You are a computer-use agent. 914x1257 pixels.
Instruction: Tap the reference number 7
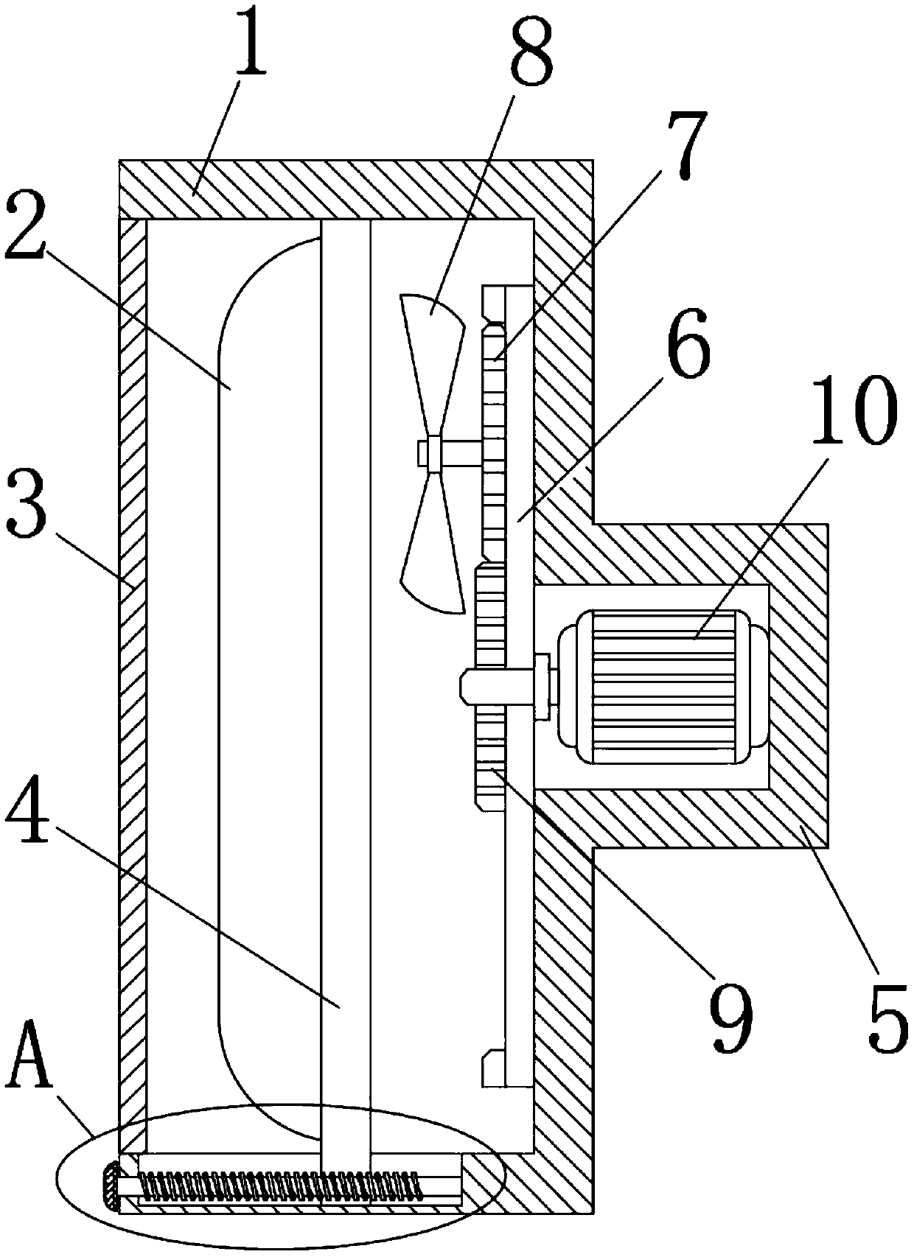pyautogui.click(x=682, y=147)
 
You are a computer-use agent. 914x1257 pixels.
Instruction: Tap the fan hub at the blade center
pyautogui.click(x=433, y=452)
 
